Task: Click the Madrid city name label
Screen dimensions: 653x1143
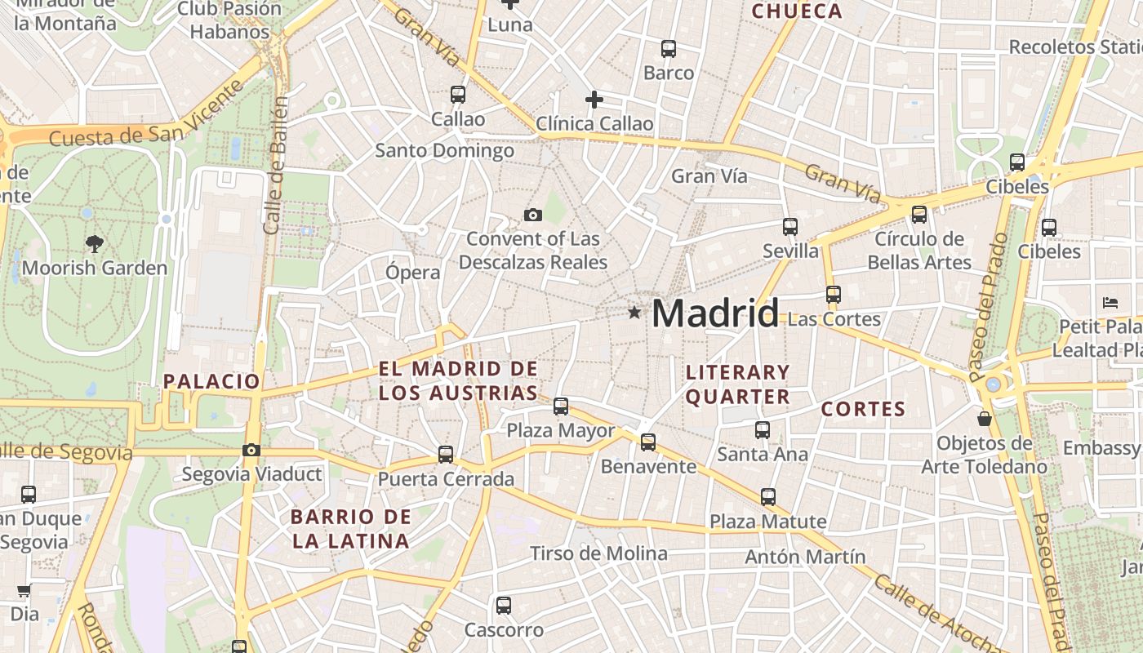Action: (715, 313)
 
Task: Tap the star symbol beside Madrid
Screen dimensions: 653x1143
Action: (634, 312)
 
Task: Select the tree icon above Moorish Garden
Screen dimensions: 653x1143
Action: (95, 242)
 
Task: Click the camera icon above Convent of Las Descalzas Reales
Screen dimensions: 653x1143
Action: (533, 215)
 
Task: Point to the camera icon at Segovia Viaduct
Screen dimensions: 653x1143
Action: (251, 450)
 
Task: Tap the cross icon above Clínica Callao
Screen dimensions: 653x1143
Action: (594, 100)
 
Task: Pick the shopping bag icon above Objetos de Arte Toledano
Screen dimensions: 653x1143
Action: (985, 419)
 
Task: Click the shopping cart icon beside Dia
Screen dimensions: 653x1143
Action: (24, 591)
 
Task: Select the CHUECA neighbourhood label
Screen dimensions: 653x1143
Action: (796, 11)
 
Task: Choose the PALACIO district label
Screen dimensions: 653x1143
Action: (211, 381)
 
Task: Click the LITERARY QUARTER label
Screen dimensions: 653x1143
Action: (738, 384)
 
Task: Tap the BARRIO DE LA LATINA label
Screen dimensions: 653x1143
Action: (351, 528)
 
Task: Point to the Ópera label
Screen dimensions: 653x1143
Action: (413, 273)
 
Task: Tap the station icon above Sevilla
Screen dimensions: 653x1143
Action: (789, 227)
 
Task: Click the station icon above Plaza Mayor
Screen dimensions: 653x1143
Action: (561, 406)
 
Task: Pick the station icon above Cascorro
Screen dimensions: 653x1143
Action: (504, 606)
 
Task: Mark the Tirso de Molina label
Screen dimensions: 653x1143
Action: (598, 553)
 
